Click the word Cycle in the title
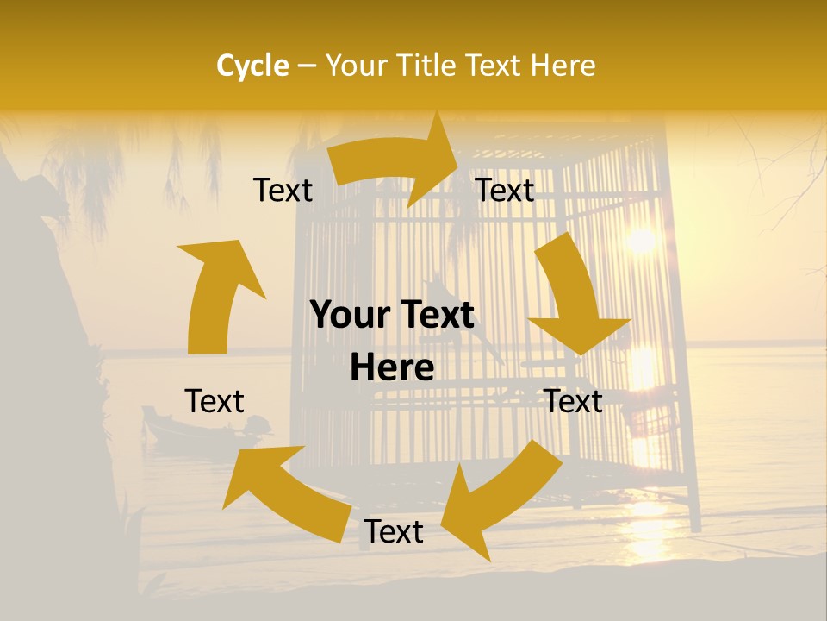point(252,66)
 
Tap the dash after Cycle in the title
point(307,66)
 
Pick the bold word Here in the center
point(392,368)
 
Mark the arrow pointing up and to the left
point(284,492)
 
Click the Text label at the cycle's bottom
point(394,532)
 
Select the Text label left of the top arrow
point(283,191)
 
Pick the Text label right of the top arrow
point(505,191)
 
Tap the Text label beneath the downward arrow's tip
point(573,401)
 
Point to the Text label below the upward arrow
point(215,401)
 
